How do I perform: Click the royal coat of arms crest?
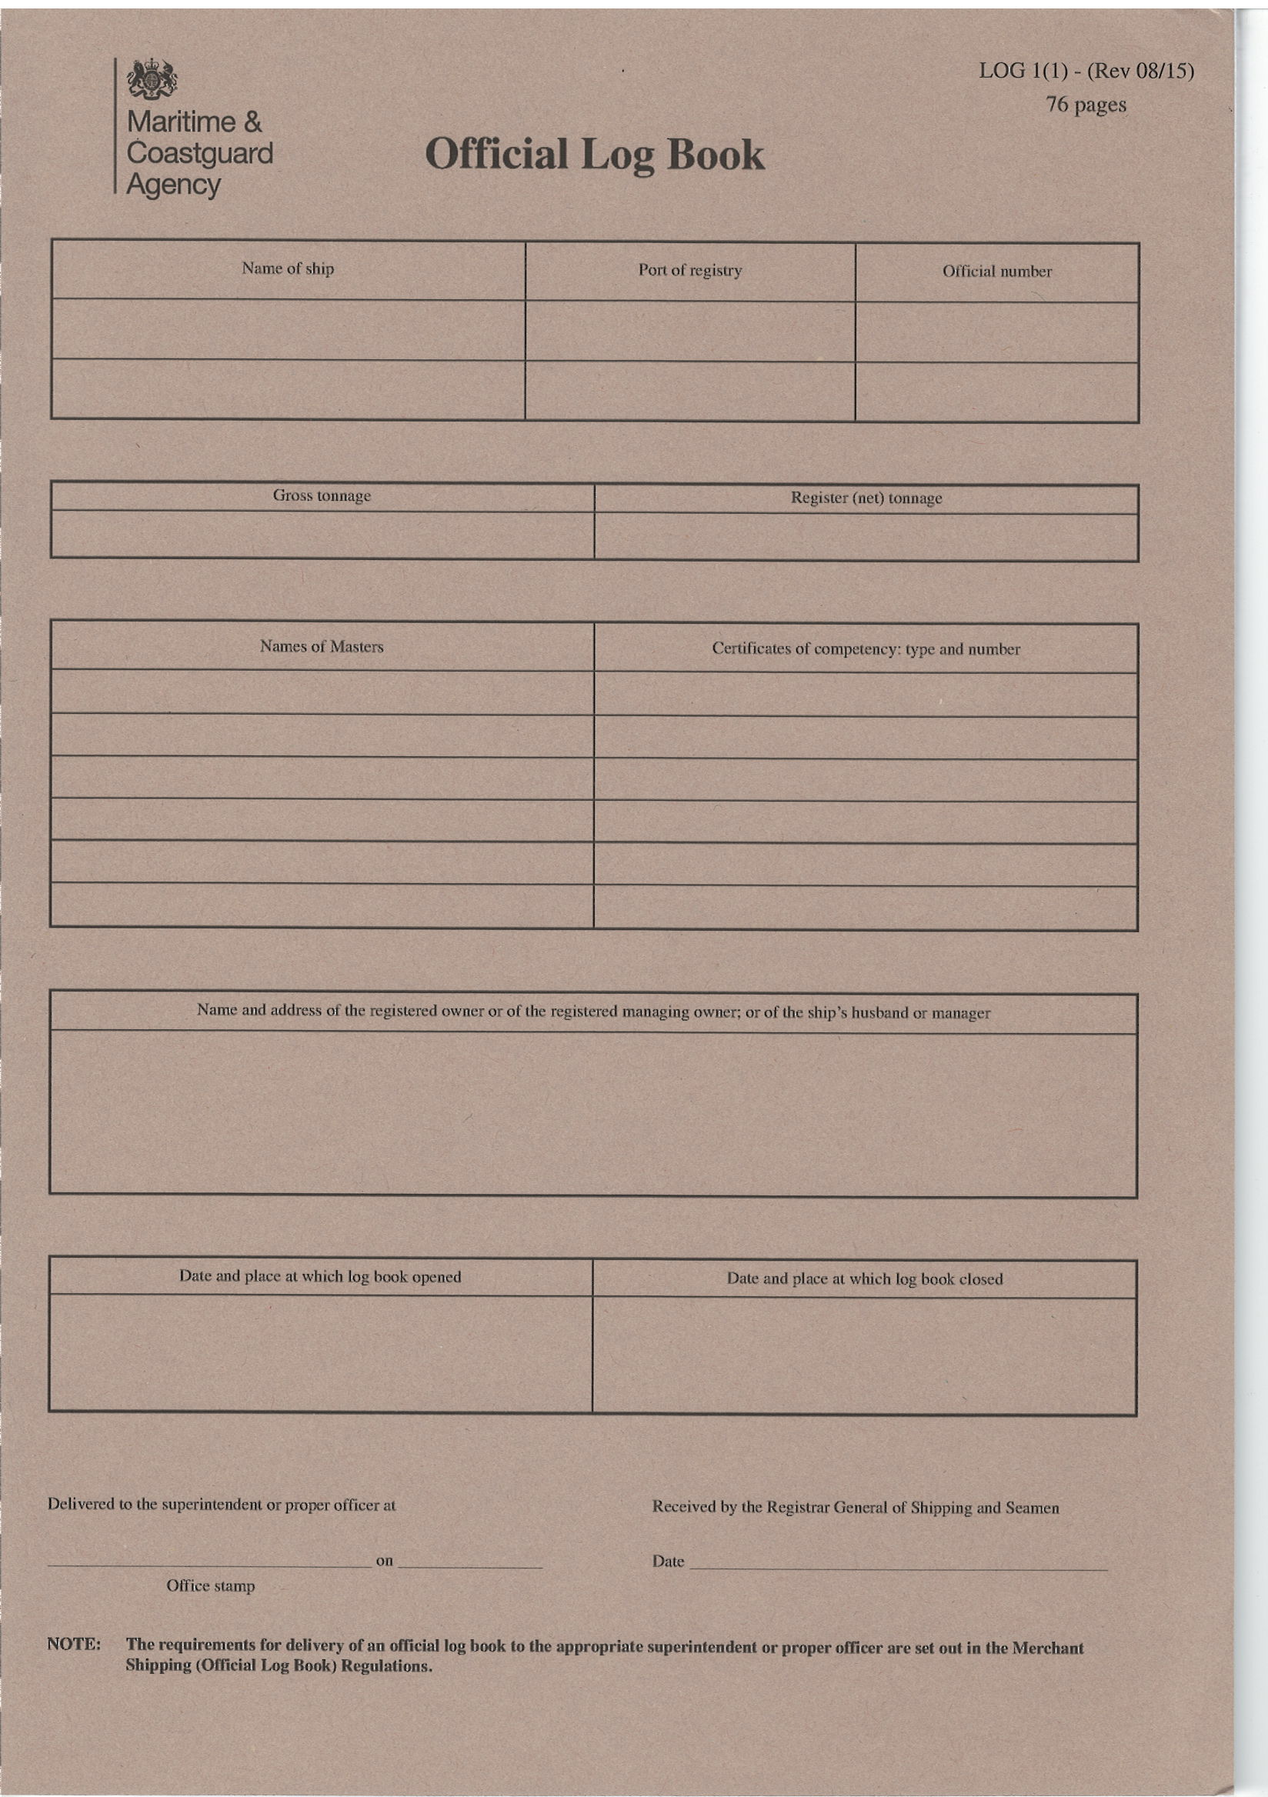click(152, 81)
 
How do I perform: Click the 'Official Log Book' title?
click(594, 154)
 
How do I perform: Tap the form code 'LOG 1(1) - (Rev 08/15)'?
click(1086, 72)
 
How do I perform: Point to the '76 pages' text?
click(1086, 105)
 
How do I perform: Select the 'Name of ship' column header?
click(287, 269)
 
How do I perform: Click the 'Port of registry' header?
click(689, 271)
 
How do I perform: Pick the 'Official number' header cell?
click(996, 272)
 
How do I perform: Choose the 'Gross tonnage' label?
click(322, 496)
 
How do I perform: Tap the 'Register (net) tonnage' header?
click(866, 498)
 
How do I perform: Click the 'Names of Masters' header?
click(322, 646)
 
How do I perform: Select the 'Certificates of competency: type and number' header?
click(866, 649)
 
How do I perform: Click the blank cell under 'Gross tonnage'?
click(322, 535)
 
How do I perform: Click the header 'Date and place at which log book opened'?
click(320, 1276)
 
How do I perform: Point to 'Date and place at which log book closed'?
click(864, 1279)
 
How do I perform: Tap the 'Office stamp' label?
click(211, 1585)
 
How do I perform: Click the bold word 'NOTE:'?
click(74, 1645)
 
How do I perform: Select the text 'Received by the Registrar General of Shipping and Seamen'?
click(855, 1509)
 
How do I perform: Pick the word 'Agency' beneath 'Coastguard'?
click(174, 185)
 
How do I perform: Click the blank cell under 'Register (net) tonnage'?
click(866, 537)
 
